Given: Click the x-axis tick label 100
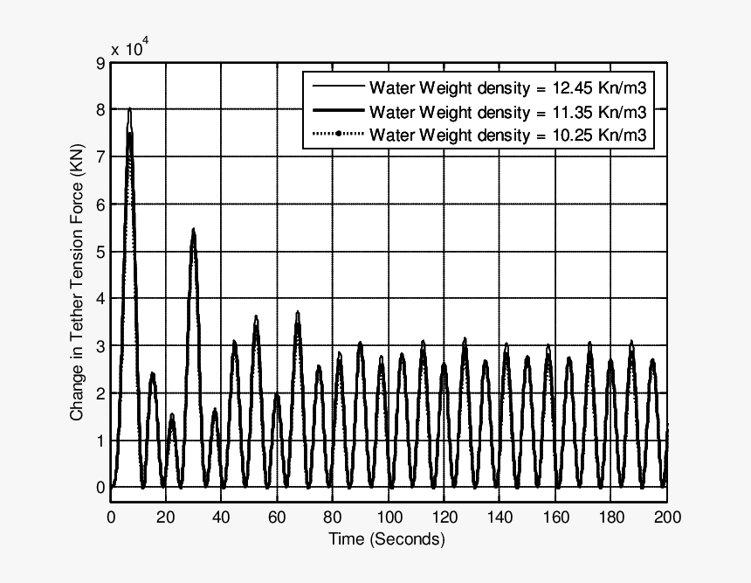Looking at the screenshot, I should pos(389,517).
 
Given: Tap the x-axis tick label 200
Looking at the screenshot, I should pos(667,517).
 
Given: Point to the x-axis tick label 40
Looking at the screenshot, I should pos(222,517).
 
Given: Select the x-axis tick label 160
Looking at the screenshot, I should pos(555,517).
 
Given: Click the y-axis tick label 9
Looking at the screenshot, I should pos(101,63).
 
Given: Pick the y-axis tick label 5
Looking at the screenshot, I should pos(101,252).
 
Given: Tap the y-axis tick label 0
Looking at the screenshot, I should pos(101,487).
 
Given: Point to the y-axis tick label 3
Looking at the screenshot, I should pos(101,346).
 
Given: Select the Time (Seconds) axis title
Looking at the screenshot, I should pos(387,539).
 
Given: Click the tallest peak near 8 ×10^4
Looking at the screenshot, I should pos(129,110).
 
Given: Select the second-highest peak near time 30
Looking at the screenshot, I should pos(193,231).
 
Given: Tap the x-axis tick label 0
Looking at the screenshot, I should pos(111,517).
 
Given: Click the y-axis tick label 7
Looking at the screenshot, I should pos(101,157).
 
